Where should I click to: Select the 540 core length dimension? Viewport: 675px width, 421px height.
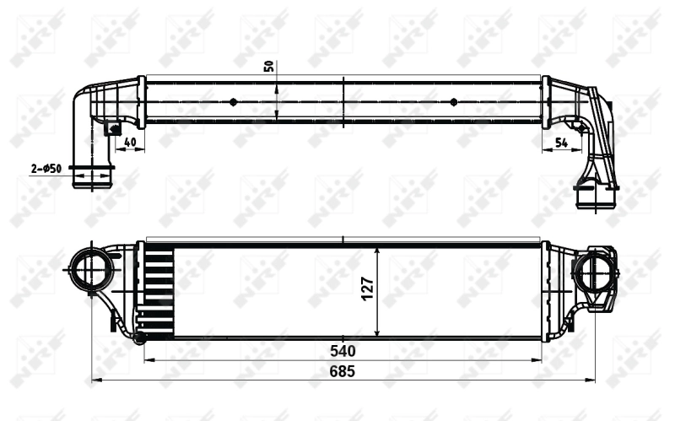tap(342, 350)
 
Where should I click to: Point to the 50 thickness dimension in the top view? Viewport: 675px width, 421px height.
tap(269, 67)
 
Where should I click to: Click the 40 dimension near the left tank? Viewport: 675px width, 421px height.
tap(129, 143)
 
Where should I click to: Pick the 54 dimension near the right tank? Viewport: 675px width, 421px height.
tap(561, 143)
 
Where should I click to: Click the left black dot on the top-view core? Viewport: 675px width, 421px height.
tap(234, 102)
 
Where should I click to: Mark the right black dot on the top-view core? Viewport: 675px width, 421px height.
tap(454, 102)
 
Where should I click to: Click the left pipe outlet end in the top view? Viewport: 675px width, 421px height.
tap(92, 179)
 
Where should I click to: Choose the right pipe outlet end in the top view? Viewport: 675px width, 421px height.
tap(596, 197)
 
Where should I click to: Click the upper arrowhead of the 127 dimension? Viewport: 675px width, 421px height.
tap(376, 251)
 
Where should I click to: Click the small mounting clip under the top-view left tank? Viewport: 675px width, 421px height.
tap(111, 129)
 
